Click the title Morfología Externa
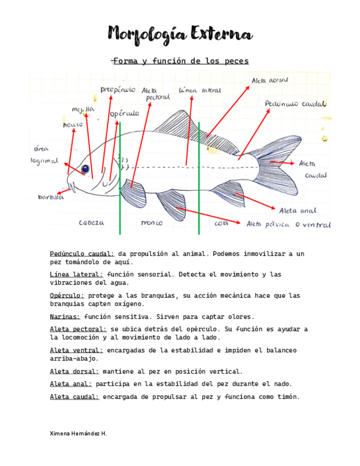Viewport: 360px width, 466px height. click(x=180, y=34)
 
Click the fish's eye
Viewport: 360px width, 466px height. click(x=85, y=169)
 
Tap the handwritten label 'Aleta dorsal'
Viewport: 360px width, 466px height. click(x=270, y=80)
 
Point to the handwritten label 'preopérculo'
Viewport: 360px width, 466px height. click(x=118, y=89)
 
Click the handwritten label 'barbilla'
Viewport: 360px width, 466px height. click(x=51, y=197)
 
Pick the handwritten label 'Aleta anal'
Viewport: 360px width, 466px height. click(x=297, y=210)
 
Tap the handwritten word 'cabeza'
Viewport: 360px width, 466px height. click(x=91, y=223)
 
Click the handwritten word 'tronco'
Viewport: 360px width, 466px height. click(x=152, y=223)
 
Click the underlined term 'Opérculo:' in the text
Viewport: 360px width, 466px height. click(x=67, y=296)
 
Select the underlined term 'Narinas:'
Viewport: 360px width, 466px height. click(x=65, y=317)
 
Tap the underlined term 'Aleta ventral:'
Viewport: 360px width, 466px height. click(x=76, y=350)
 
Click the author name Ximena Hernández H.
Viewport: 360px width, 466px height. click(x=79, y=434)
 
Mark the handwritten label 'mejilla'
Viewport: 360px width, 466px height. click(x=83, y=109)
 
